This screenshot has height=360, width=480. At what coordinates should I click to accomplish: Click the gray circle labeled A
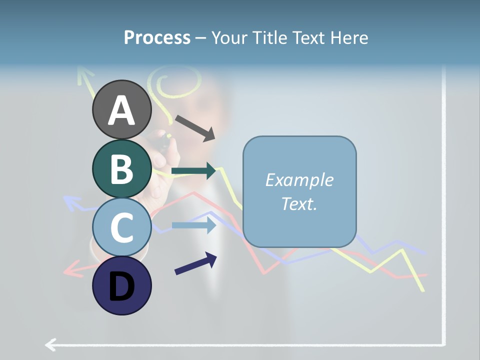[121, 109]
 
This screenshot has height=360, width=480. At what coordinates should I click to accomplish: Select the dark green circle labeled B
[121, 168]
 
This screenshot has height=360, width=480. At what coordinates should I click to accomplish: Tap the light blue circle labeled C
[121, 227]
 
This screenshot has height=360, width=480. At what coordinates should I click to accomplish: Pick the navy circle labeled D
[121, 285]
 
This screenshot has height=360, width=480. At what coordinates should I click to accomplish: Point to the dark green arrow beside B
[193, 171]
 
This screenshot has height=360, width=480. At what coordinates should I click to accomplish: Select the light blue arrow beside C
[193, 225]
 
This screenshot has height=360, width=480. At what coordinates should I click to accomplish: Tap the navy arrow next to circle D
[195, 263]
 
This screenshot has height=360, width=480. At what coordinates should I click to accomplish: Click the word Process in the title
[157, 37]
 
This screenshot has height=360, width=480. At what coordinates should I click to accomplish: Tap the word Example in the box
[299, 180]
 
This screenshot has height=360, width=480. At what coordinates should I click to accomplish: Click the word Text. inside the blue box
[299, 203]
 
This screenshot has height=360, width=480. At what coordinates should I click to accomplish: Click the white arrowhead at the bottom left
[50, 344]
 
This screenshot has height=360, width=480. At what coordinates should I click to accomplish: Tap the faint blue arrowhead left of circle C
[71, 202]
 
